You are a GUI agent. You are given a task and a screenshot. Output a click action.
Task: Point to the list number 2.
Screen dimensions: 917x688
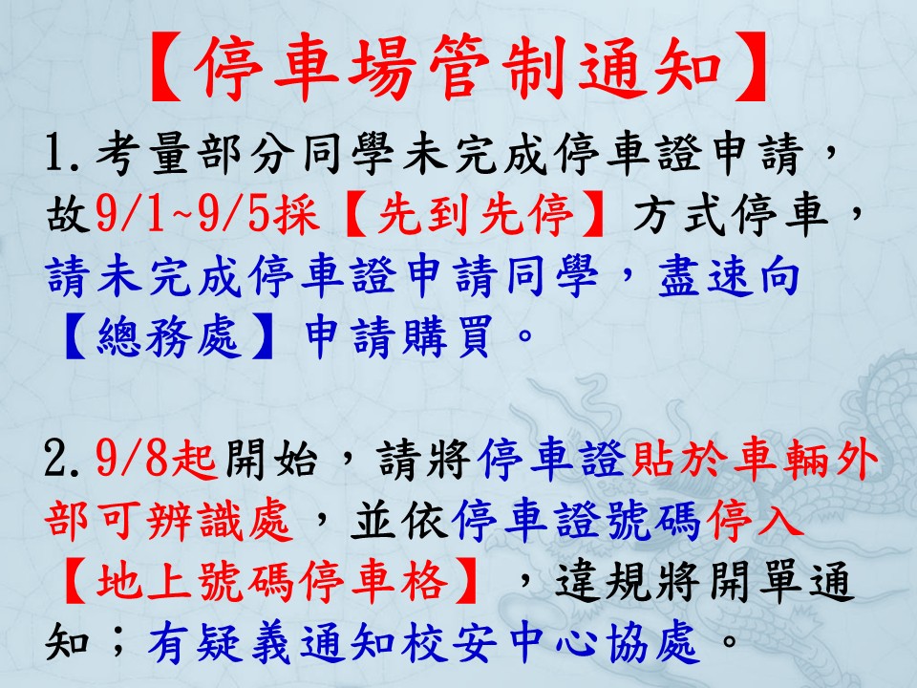point(62,460)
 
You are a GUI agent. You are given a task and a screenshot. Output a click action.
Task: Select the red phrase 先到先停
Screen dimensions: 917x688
point(475,215)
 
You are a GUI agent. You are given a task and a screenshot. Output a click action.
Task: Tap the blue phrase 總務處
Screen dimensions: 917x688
point(169,336)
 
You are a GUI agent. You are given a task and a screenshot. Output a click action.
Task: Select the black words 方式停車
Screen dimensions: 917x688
point(731,215)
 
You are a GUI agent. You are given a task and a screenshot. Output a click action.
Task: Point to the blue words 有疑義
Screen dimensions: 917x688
point(219,643)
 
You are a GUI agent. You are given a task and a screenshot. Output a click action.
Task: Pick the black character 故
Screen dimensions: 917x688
point(69,215)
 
